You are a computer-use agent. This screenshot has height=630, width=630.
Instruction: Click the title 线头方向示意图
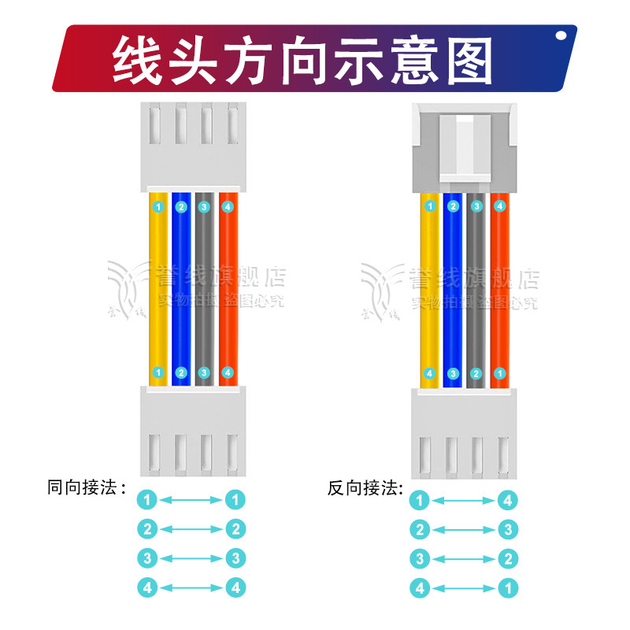pyautogui.click(x=303, y=59)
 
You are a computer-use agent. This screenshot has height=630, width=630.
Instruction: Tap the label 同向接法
pyautogui.click(x=87, y=487)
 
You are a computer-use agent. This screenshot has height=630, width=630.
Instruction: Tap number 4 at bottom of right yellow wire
pyautogui.click(x=430, y=373)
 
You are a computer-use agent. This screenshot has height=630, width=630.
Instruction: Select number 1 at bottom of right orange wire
pyautogui.click(x=499, y=373)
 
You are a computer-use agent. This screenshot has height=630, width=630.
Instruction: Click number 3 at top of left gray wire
pyautogui.click(x=204, y=207)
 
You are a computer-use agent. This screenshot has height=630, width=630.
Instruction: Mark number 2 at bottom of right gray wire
pyautogui.click(x=476, y=373)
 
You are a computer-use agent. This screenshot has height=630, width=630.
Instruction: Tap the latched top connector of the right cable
pyautogui.click(x=465, y=146)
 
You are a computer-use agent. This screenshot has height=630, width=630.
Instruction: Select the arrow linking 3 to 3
pyautogui.click(x=191, y=558)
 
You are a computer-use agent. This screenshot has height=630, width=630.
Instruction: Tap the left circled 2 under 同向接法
pyautogui.click(x=147, y=528)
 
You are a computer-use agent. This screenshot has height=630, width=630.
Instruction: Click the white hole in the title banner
pyautogui.click(x=561, y=35)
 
